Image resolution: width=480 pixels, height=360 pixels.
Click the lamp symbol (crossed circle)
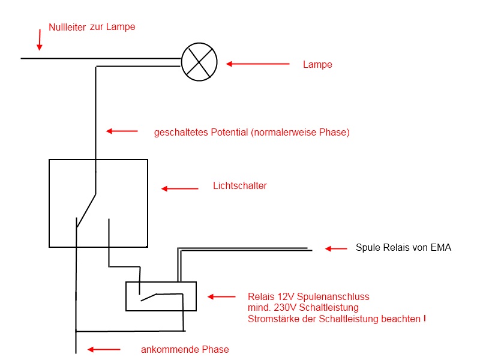point(199,62)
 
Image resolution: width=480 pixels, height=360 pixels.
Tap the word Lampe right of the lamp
point(317,65)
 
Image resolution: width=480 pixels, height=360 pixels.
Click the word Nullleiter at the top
point(67,27)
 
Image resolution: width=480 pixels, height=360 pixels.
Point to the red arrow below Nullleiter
point(40,40)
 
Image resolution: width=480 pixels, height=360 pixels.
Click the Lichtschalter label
point(240,186)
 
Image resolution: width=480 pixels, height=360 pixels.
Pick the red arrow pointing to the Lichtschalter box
point(179,188)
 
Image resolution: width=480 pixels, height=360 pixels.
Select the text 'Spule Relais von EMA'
point(403,247)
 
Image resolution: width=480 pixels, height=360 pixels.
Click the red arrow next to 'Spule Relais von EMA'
point(336,248)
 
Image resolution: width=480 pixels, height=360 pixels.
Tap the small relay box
point(161,296)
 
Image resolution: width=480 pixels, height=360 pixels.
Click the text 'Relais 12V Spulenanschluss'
point(308,296)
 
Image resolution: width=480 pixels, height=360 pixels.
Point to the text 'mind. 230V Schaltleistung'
point(303,308)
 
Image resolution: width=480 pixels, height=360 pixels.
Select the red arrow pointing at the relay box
point(221,296)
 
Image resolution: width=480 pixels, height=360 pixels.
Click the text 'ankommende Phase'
point(185,349)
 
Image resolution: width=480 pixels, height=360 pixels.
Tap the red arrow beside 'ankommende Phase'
point(104,349)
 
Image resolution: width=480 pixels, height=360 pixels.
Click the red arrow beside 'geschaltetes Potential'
point(122,131)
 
